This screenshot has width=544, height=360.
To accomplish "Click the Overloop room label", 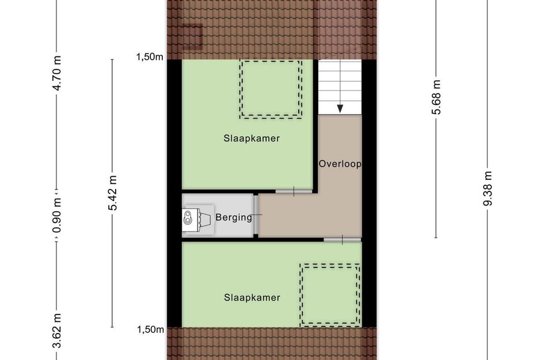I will click(340, 164).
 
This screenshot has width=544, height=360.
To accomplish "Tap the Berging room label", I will click(234, 217).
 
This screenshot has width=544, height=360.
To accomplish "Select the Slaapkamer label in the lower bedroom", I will click(252, 298).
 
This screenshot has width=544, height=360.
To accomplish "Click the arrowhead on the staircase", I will click(340, 108).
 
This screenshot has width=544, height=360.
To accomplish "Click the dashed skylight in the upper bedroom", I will click(271, 89).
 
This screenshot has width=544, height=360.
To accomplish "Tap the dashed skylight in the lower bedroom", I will click(330, 294).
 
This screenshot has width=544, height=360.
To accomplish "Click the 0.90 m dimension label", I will click(56, 217).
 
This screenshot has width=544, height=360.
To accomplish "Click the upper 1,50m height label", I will click(150, 56).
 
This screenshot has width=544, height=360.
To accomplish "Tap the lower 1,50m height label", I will click(150, 329).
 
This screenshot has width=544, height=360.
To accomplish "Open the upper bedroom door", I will click(294, 191).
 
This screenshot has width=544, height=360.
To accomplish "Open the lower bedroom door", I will click(342, 240).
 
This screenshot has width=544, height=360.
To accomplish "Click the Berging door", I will click(256, 215).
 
